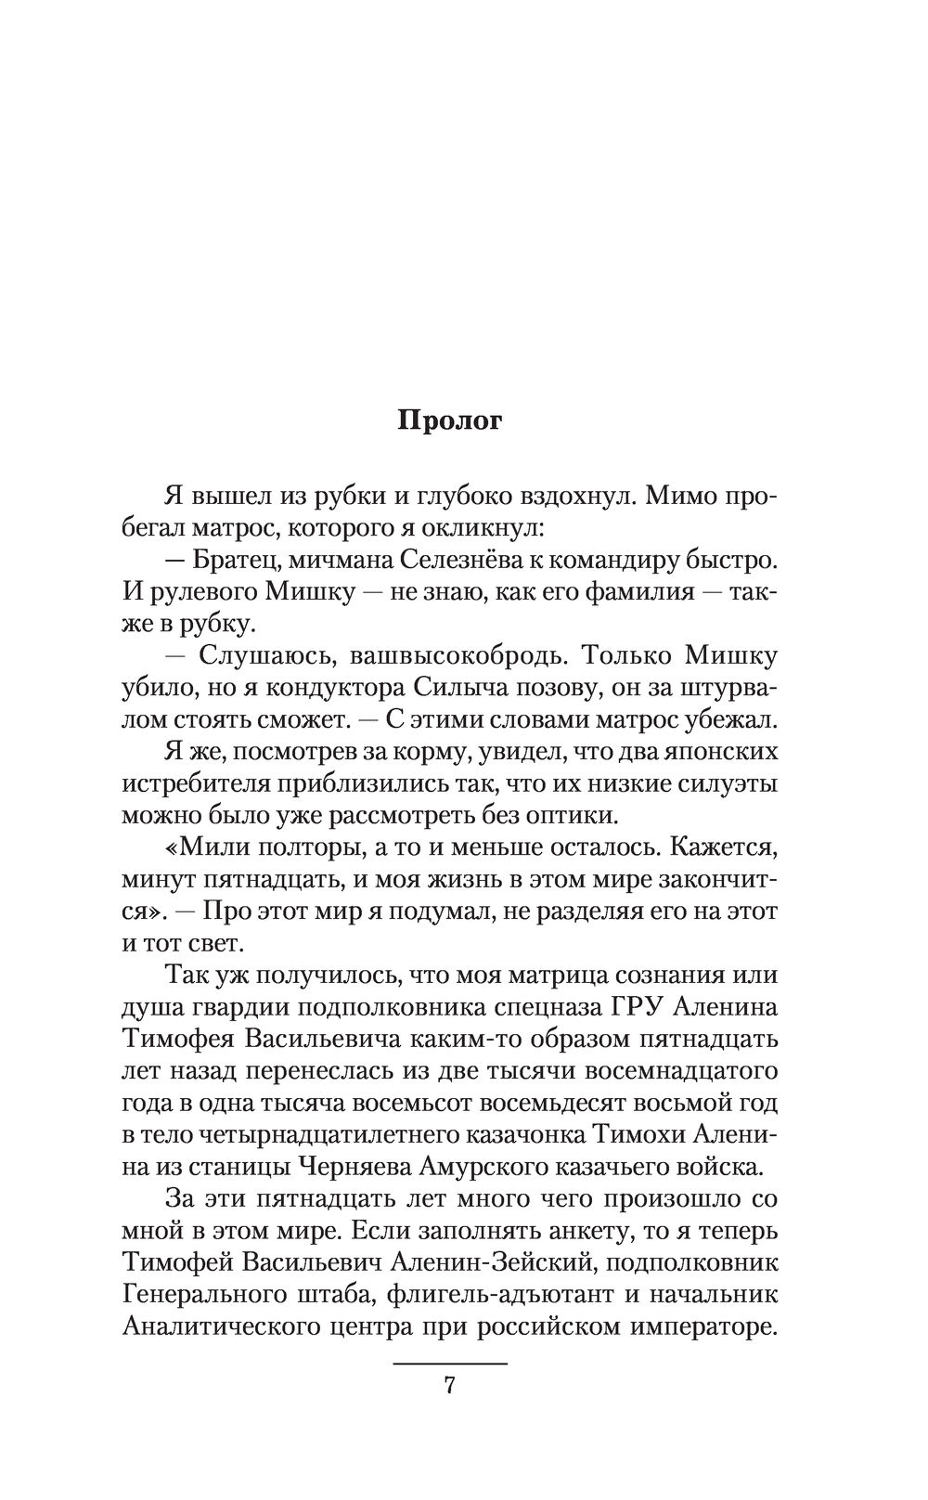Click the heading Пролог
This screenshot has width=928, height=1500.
point(450,420)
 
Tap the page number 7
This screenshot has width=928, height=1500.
point(450,1386)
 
